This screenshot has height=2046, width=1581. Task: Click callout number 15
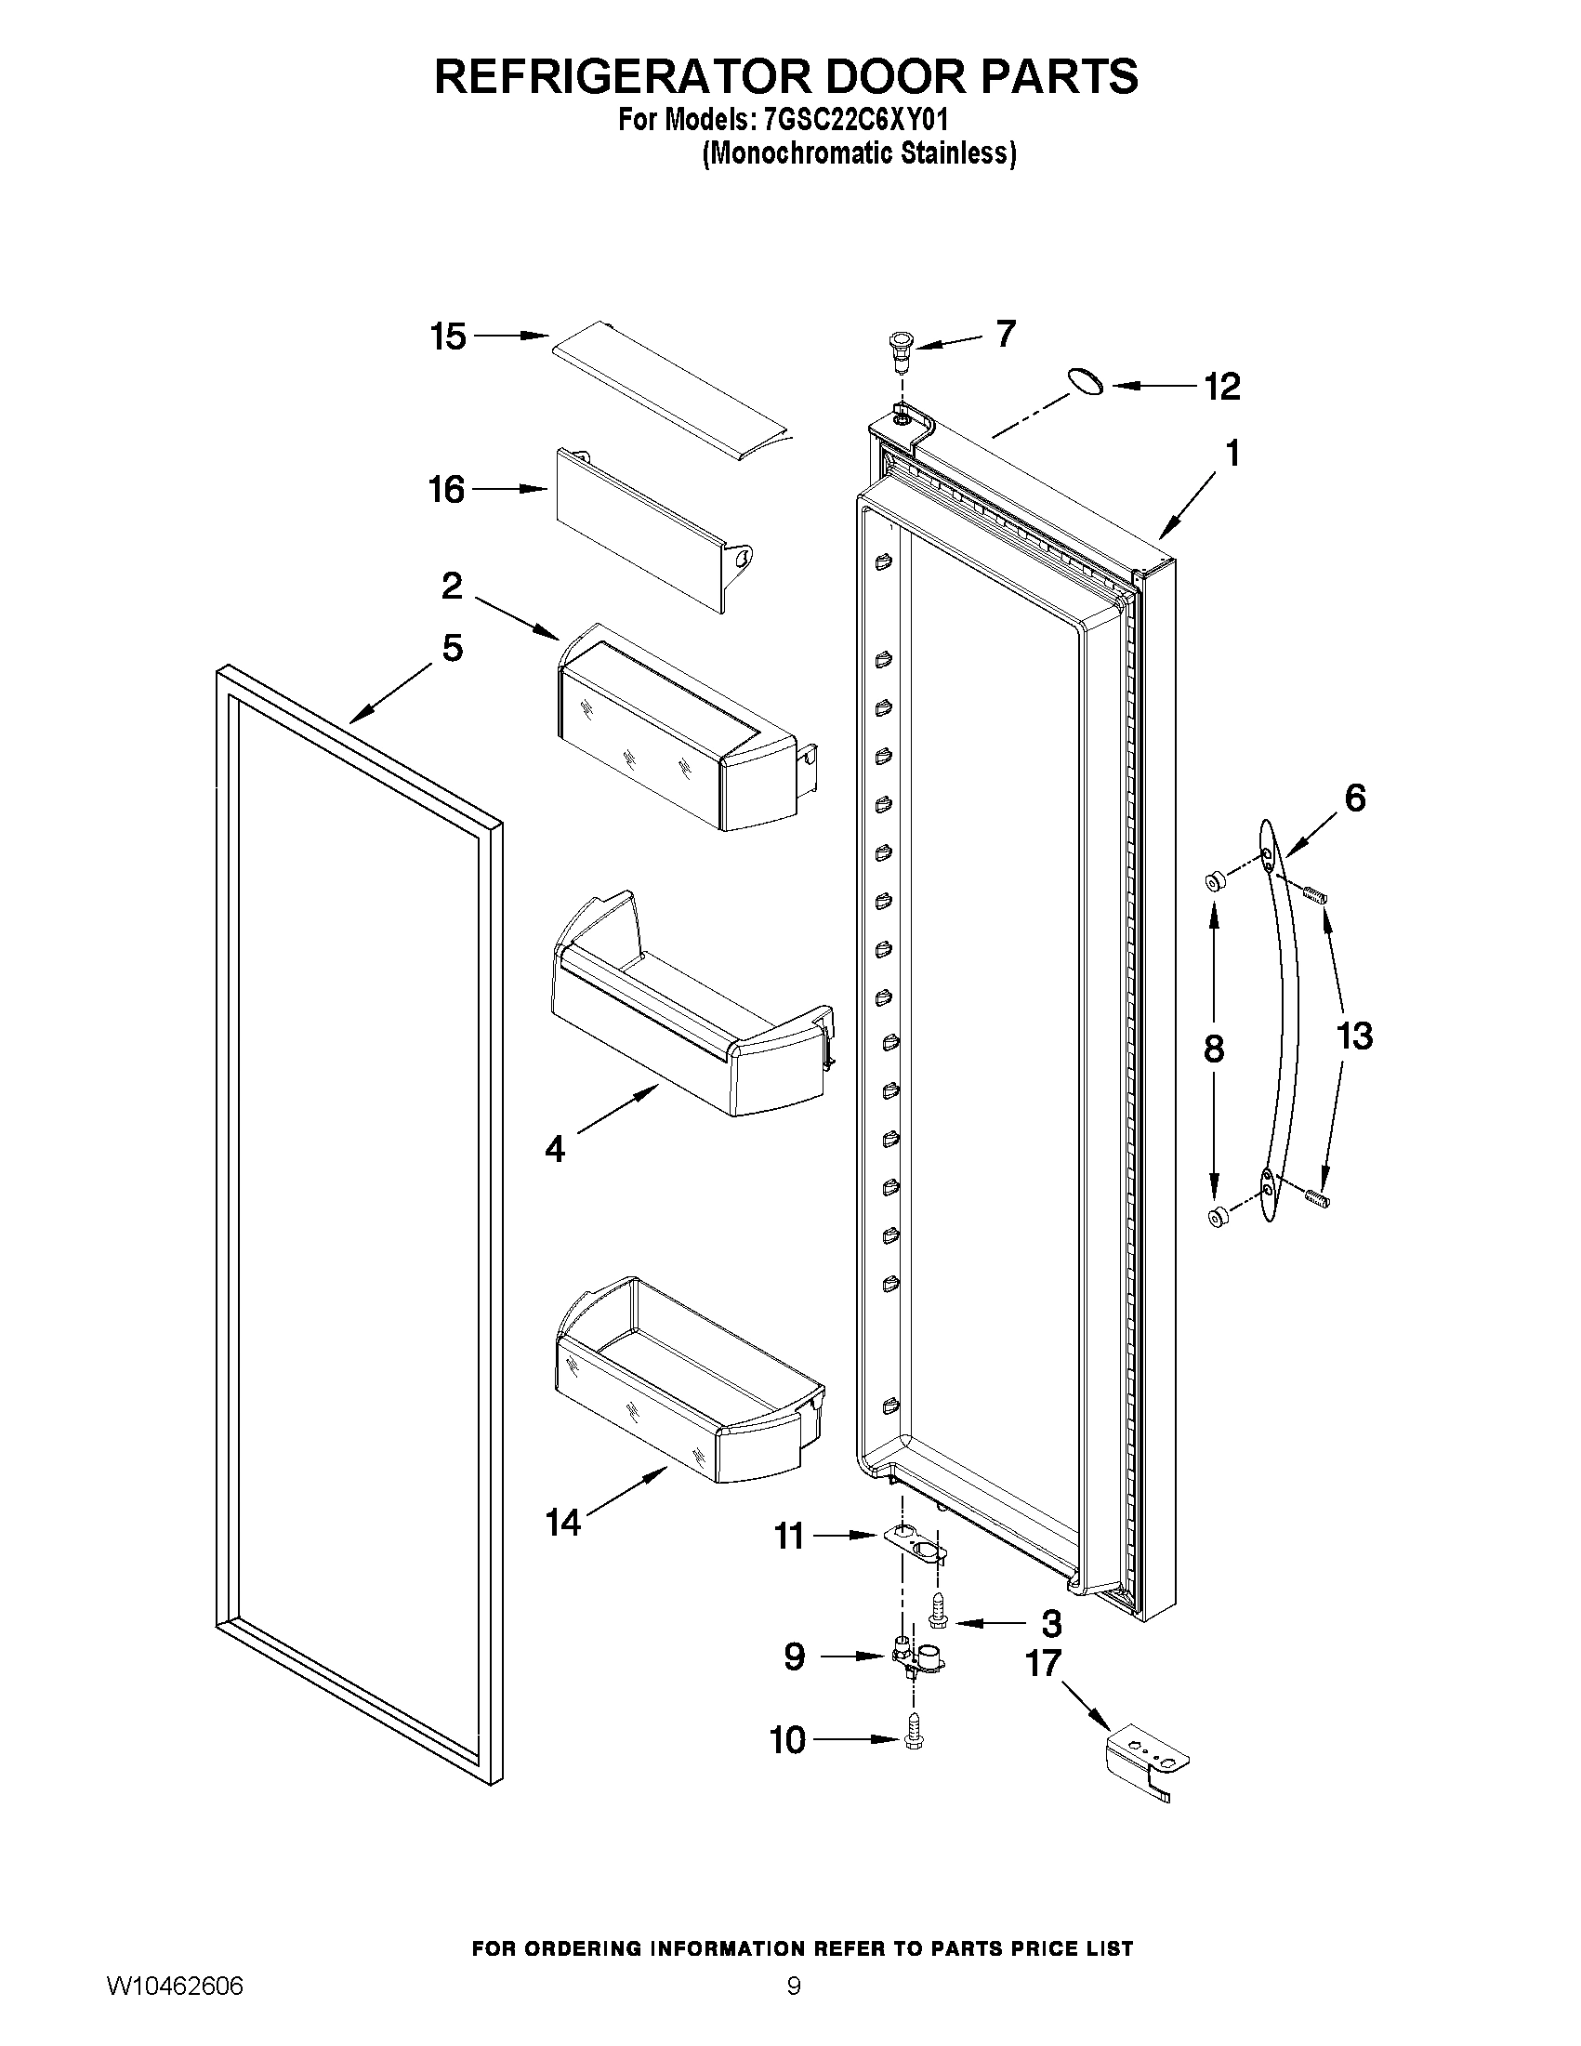coord(448,337)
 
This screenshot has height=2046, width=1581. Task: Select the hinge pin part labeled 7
coord(900,350)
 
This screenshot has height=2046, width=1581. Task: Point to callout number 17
coord(1044,1663)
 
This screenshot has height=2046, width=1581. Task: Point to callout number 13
coord(1354,1036)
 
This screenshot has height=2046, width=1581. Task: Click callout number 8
coord(1213,1049)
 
